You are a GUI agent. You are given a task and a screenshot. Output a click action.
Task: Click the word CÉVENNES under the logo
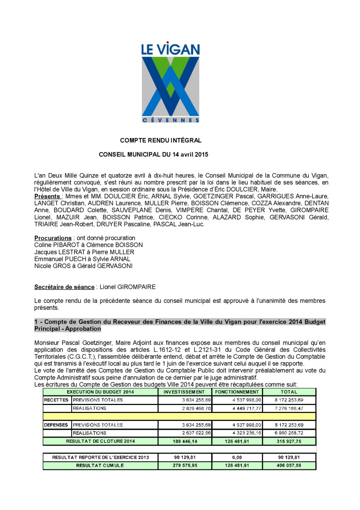click(x=171, y=121)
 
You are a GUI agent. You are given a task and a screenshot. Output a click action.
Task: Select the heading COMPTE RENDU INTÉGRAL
click(x=160, y=141)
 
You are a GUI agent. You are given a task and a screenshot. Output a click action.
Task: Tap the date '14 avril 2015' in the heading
click(x=190, y=154)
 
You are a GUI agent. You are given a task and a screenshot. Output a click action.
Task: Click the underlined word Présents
click(x=47, y=196)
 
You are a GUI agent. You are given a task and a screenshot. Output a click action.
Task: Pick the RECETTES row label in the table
click(x=56, y=400)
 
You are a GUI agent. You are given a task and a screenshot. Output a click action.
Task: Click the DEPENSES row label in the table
click(x=57, y=425)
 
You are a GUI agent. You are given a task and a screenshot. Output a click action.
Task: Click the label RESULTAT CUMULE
click(x=100, y=465)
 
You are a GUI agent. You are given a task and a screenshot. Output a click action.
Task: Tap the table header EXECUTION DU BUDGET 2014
click(x=100, y=392)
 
